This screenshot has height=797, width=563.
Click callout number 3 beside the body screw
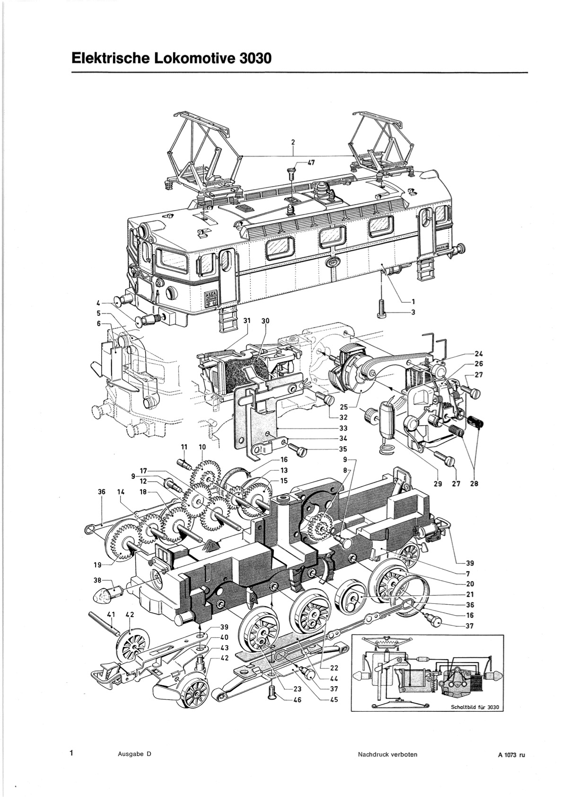tap(413, 313)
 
